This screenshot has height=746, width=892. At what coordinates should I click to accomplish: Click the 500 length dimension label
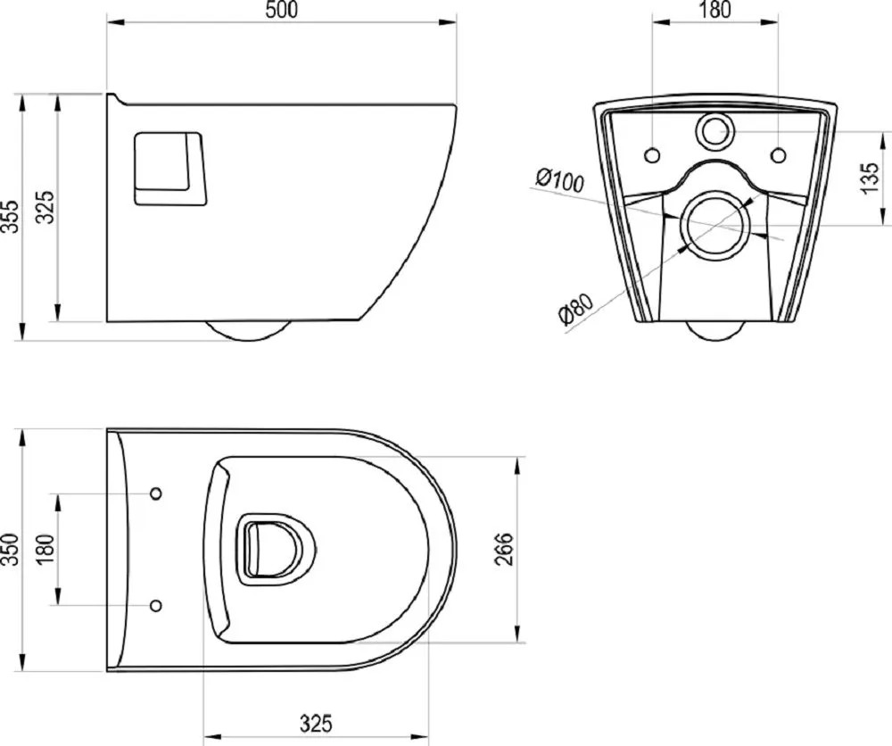click(282, 10)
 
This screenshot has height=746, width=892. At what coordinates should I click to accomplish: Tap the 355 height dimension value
click(11, 216)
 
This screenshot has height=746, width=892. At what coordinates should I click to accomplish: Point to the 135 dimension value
click(870, 178)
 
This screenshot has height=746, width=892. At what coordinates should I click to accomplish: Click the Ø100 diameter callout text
click(560, 180)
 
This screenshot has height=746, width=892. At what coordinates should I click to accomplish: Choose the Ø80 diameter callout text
click(575, 308)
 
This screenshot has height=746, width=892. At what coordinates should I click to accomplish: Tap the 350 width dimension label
click(11, 550)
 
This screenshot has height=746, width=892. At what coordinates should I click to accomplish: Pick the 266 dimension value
click(504, 549)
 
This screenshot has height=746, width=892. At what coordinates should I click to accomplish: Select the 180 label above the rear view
click(714, 10)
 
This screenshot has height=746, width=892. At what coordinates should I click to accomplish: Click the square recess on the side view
click(169, 169)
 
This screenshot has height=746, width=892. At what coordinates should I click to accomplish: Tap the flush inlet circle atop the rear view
click(714, 131)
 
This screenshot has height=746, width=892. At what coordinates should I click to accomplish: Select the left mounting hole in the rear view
click(653, 154)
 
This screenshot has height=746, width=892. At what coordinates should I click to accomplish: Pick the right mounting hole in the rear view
click(778, 154)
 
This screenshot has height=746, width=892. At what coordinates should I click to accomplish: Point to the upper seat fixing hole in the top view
click(155, 493)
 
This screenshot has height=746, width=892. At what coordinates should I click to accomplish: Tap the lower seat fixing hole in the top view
click(155, 605)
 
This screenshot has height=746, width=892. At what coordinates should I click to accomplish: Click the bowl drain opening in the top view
click(276, 549)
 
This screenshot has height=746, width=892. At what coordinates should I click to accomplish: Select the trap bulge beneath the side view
click(248, 330)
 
